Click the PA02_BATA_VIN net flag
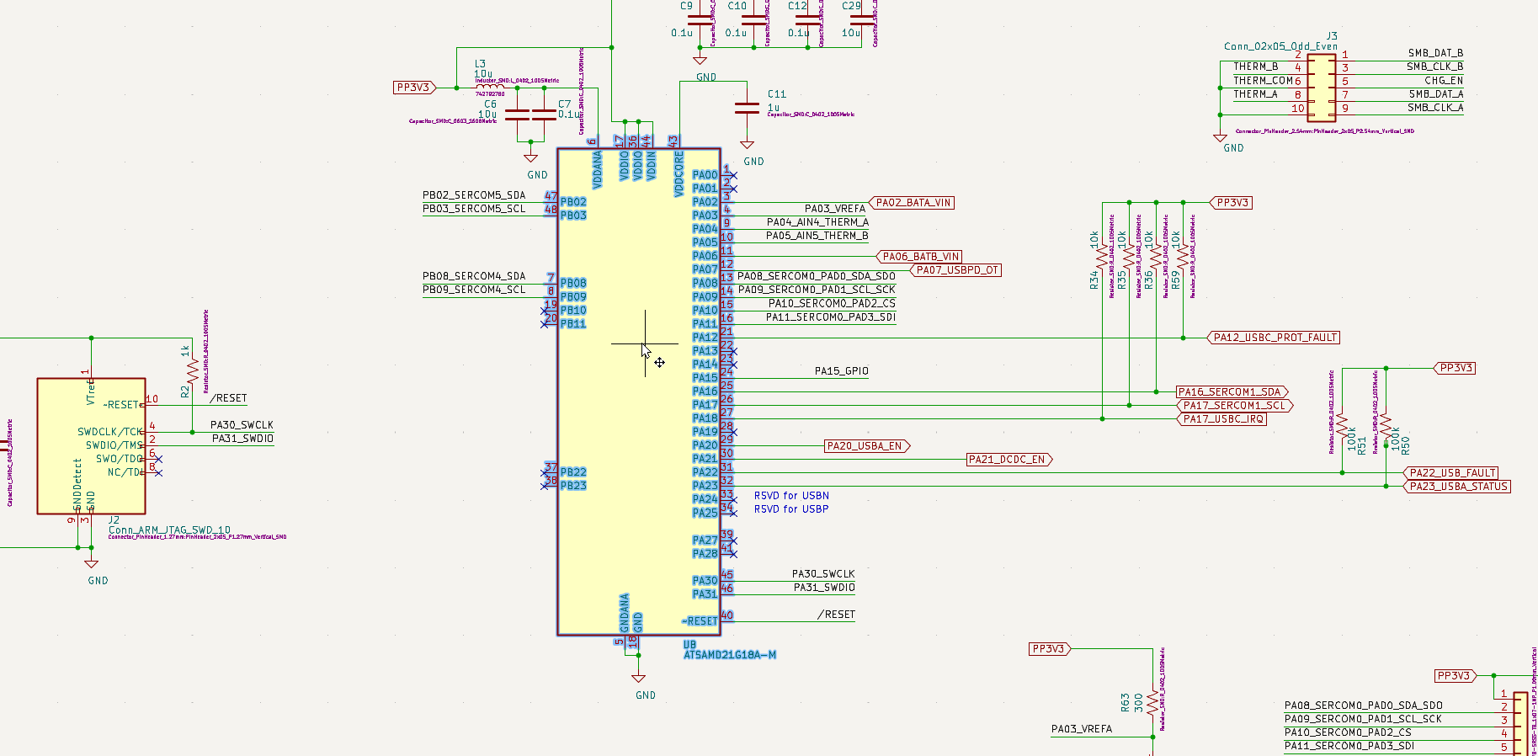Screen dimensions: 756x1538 [x=913, y=203]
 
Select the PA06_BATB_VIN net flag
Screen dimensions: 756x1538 [x=920, y=257]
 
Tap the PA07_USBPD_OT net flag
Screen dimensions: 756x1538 [x=956, y=270]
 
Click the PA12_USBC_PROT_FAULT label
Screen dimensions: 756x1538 [x=1275, y=338]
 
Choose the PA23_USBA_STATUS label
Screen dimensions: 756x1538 [x=1458, y=487]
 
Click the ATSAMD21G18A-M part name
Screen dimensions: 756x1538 [x=729, y=655]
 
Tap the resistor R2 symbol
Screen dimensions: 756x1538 [x=193, y=370]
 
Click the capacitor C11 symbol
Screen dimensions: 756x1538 [x=747, y=108]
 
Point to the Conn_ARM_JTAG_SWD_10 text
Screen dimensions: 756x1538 [x=169, y=530]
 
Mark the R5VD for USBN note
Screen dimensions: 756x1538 [x=791, y=496]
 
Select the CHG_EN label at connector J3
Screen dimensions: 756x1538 [x=1444, y=81]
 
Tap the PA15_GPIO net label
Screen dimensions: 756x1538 [x=841, y=371]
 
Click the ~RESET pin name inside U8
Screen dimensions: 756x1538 [x=700, y=621]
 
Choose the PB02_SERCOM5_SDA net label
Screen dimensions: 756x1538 [x=474, y=195]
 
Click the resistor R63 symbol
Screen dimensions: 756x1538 [x=1152, y=703]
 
